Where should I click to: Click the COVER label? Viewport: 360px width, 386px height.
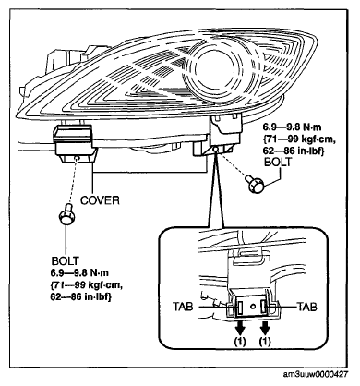[100, 200]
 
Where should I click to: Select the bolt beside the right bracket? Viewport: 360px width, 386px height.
[255, 184]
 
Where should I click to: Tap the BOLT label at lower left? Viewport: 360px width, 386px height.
[65, 260]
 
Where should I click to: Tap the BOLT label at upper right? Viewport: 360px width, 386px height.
[278, 162]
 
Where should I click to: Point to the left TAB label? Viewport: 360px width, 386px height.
[183, 307]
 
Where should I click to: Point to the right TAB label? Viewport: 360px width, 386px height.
[306, 307]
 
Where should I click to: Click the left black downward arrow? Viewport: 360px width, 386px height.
[240, 328]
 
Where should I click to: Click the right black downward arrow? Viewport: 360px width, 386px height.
[265, 328]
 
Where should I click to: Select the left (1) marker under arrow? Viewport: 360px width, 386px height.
[240, 341]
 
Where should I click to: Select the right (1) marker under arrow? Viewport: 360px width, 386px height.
[265, 341]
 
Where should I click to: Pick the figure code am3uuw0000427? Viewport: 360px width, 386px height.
[315, 374]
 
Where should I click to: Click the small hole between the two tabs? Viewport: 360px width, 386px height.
[253, 307]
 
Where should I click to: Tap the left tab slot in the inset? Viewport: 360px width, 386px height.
[240, 307]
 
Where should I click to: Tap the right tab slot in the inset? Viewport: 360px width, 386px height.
[264, 307]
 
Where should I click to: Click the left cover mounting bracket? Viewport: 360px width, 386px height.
[75, 143]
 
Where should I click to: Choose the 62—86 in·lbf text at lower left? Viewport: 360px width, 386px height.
[80, 297]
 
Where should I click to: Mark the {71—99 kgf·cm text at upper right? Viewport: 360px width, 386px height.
[298, 139]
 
